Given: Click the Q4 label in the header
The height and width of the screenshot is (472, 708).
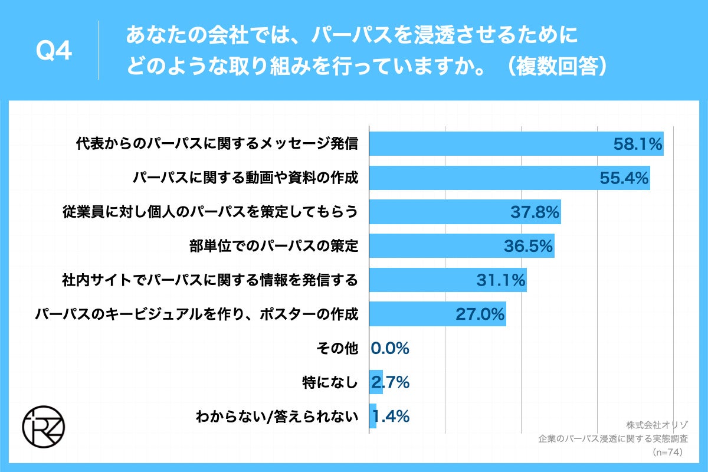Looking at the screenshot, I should [54, 52].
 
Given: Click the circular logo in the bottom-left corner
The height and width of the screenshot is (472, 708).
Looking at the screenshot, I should [44, 426].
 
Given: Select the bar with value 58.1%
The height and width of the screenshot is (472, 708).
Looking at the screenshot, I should [516, 143].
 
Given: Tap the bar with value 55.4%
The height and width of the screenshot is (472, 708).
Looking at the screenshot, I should [509, 178].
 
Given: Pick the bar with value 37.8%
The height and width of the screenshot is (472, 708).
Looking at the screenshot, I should [464, 212].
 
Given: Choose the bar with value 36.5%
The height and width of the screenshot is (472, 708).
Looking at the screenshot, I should [461, 245].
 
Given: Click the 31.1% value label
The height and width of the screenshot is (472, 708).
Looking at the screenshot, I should [501, 280].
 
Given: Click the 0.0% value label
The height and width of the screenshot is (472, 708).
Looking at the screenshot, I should [390, 348].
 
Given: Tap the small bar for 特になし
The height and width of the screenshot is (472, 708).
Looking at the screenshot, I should [376, 382].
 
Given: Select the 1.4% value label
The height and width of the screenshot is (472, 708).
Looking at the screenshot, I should [391, 417].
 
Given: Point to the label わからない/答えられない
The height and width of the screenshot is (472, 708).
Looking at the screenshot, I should [277, 417].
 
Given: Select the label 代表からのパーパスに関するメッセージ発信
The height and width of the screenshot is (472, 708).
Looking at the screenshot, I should [217, 144].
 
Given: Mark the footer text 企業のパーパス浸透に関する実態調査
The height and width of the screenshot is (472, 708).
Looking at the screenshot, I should [614, 439].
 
